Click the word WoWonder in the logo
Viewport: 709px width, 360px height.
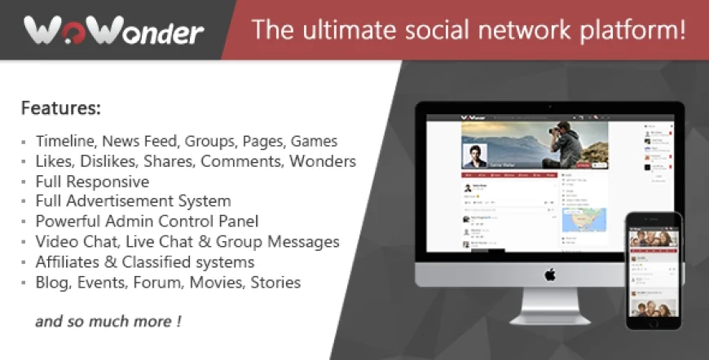[x=113, y=32]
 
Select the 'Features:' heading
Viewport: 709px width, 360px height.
[x=61, y=108]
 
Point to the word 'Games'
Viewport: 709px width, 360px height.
[x=314, y=141]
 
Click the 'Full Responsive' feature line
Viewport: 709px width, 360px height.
[x=92, y=181]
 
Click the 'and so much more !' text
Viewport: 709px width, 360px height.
[x=108, y=321]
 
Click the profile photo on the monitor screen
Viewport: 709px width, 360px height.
[x=474, y=155]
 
